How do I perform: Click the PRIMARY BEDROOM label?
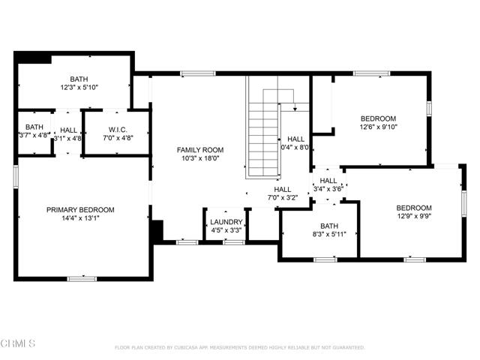80,209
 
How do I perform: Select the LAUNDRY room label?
226,222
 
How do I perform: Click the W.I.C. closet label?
115,128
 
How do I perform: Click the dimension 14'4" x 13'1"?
80,219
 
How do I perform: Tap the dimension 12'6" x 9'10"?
378,127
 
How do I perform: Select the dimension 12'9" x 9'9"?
414,217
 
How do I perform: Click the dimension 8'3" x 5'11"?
329,235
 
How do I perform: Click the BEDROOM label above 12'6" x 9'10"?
378,118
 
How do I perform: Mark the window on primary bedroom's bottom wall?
82,279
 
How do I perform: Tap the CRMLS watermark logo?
19,344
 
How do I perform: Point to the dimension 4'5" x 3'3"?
226,231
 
